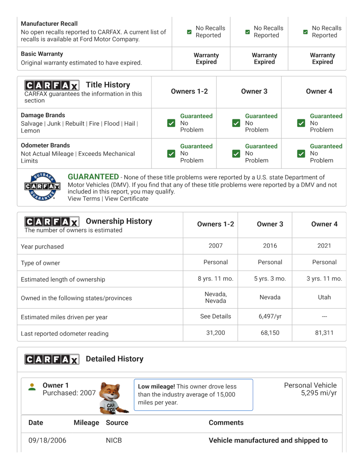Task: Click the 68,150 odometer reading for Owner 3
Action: click(x=270, y=333)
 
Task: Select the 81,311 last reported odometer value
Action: click(x=324, y=333)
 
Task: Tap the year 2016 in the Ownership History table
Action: click(x=270, y=246)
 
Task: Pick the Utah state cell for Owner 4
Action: click(x=324, y=297)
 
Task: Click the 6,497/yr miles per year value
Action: click(x=270, y=317)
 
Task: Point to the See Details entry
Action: click(x=215, y=317)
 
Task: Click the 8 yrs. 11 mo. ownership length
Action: click(x=215, y=279)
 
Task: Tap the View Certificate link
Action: click(x=126, y=199)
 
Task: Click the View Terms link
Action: click(x=84, y=199)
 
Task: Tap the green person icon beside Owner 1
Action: click(x=32, y=387)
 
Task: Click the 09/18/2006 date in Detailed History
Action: click(x=47, y=440)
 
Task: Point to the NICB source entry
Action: click(x=114, y=440)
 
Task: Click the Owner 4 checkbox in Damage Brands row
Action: click(x=301, y=123)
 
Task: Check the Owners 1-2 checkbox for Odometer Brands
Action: click(x=171, y=154)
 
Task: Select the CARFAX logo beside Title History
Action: click(x=52, y=85)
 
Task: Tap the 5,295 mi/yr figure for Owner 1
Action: click(x=319, y=393)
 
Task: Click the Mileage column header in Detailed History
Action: click(x=86, y=422)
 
